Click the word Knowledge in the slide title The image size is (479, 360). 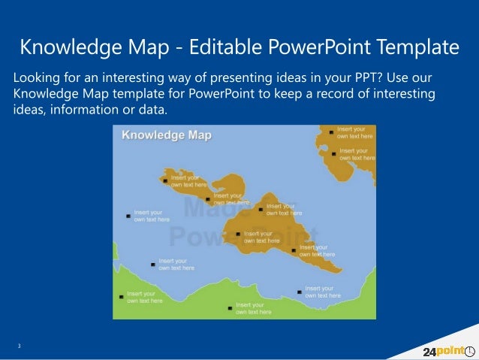click(x=63, y=47)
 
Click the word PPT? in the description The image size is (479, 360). click(x=369, y=79)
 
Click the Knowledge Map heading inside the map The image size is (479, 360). click(x=167, y=135)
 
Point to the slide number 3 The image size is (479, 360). click(x=20, y=346)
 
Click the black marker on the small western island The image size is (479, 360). click(x=165, y=180)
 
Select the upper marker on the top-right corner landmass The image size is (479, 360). click(x=331, y=132)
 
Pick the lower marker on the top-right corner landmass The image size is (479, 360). click(x=334, y=154)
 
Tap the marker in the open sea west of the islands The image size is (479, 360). click(x=128, y=216)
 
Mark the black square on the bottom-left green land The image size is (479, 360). click(x=122, y=297)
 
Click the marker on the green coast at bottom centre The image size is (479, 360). click(x=230, y=307)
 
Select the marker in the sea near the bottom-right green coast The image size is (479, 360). click(x=300, y=292)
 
